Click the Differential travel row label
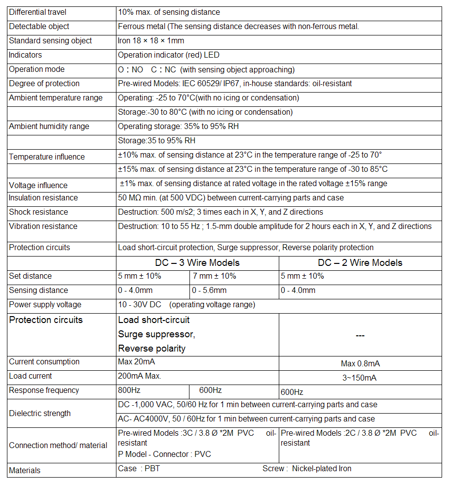tap(37, 12)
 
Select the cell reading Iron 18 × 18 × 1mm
tap(151, 41)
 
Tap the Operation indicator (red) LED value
tap(169, 55)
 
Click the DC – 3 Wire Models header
tap(197, 263)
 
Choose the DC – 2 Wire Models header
tap(360, 263)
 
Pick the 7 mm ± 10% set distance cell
tap(214, 276)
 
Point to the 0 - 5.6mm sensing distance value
tap(209, 290)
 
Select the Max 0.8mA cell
tap(360, 364)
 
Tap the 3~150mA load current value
tap(360, 378)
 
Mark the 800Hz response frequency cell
tap(130, 390)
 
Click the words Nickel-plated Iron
tap(322, 469)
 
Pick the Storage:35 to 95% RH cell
tap(156, 141)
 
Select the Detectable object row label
tap(39, 27)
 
